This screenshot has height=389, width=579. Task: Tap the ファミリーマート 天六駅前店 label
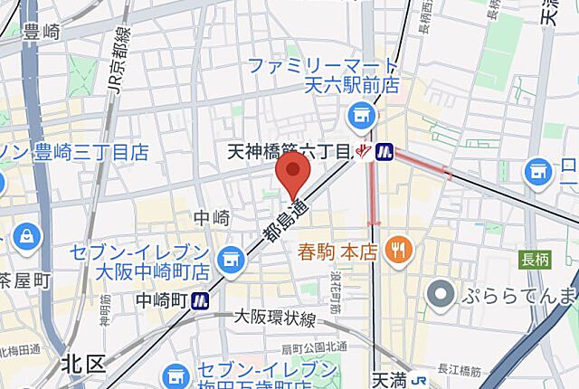click(322, 76)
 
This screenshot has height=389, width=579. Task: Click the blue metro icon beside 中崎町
click(202, 300)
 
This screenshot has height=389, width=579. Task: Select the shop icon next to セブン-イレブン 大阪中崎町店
click(233, 259)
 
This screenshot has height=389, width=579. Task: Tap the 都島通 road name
click(283, 222)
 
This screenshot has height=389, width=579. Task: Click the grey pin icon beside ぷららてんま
click(441, 294)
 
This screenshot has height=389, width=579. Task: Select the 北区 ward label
click(84, 365)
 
